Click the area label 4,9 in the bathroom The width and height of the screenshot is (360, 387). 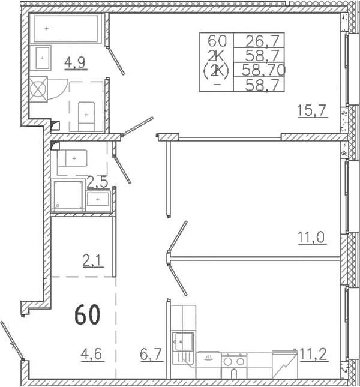coord(75,62)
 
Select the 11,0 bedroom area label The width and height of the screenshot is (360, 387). coord(313,238)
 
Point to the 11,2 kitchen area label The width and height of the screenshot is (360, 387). coord(314,355)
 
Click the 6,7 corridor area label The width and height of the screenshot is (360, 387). coord(151,355)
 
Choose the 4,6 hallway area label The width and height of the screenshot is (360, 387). coord(91,355)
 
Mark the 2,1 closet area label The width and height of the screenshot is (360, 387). coord(92,261)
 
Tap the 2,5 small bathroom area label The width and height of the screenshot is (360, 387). coord(98,183)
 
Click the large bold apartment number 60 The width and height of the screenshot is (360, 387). coord(88,314)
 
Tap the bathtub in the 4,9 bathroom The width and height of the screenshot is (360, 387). coord(66,29)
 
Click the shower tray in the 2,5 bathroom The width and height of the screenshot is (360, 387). coord(68,195)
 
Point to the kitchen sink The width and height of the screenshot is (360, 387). coord(183,341)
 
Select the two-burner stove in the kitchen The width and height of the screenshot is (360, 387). coord(234,362)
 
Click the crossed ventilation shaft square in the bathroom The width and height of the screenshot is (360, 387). coord(38,89)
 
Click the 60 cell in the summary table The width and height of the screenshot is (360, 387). coord(217,41)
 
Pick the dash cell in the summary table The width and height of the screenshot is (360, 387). coord(217,85)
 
